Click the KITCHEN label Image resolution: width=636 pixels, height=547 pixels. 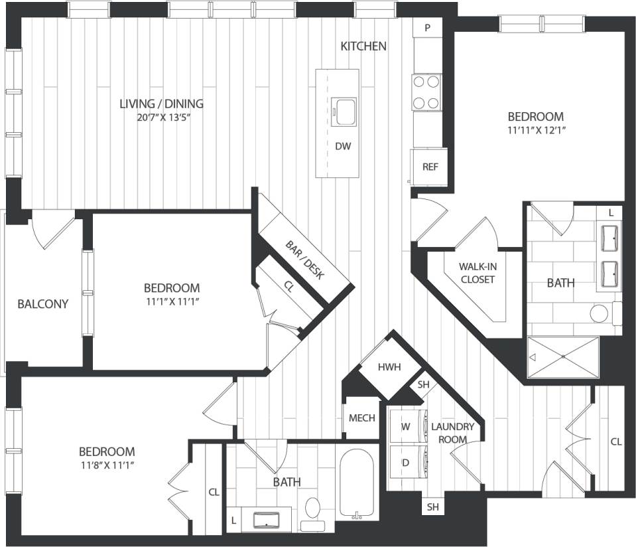pyautogui.click(x=363, y=46)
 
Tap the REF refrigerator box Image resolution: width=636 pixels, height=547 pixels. pyautogui.click(x=430, y=167)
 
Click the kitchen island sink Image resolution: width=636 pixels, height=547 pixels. pyautogui.click(x=344, y=111)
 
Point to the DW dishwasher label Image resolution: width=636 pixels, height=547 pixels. pyautogui.click(x=343, y=146)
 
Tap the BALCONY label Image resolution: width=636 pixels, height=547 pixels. pyautogui.click(x=42, y=304)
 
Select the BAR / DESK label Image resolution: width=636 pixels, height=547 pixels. pyautogui.click(x=305, y=260)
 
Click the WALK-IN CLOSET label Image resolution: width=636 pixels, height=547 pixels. pyautogui.click(x=477, y=273)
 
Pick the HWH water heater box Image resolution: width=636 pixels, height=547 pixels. pyautogui.click(x=390, y=367)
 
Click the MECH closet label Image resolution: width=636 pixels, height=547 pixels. pyautogui.click(x=362, y=418)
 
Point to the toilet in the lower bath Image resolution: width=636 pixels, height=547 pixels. pyautogui.click(x=312, y=512)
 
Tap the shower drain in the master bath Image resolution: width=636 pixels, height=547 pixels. pyautogui.click(x=562, y=356)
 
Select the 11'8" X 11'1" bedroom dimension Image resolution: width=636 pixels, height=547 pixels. pyautogui.click(x=107, y=465)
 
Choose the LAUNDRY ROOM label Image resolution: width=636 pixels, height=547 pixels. pyautogui.click(x=452, y=433)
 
